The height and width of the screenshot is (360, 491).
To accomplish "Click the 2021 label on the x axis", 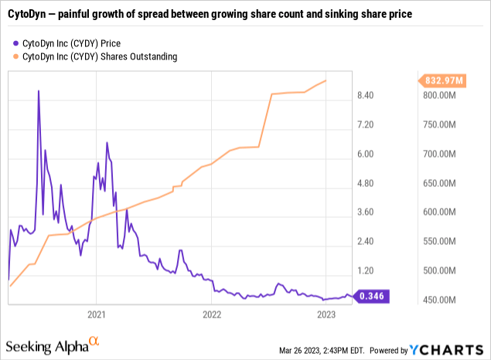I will [x=97, y=314].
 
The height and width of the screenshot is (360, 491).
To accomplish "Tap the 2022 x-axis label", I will [x=212, y=314].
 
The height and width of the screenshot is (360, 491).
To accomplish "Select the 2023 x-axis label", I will [x=326, y=314].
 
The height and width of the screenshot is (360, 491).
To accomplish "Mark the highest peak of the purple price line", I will [x=39, y=90].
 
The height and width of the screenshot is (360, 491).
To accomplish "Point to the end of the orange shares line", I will [x=326, y=81].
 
